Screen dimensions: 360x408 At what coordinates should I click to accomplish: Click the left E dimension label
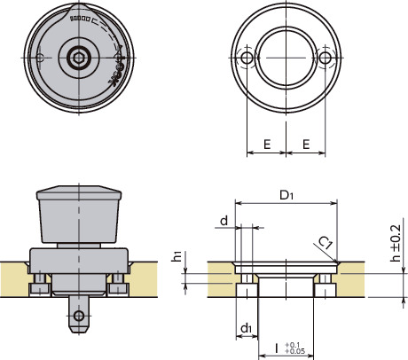coord(265,142)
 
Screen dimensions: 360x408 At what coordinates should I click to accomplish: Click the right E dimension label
coord(305,142)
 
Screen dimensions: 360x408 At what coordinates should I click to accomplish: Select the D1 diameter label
coord(286,193)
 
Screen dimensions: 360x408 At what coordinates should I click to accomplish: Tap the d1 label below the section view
coord(245,329)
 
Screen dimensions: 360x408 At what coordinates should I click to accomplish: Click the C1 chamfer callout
coord(326,241)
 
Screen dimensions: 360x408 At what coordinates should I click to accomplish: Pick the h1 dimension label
coord(177,257)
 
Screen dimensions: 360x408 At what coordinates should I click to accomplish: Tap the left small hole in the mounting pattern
coord(246,58)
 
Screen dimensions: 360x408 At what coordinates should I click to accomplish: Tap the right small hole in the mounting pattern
coord(326,58)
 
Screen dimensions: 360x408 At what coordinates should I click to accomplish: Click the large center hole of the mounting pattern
coord(286,58)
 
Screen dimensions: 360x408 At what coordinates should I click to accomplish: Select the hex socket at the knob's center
coord(80,58)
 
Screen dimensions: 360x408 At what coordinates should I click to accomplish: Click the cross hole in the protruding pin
coord(80,315)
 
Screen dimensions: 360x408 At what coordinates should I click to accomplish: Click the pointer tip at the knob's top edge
coord(80,11)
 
